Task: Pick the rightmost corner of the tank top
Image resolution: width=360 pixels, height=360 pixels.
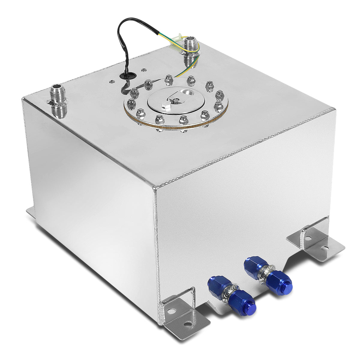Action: (334, 109)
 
